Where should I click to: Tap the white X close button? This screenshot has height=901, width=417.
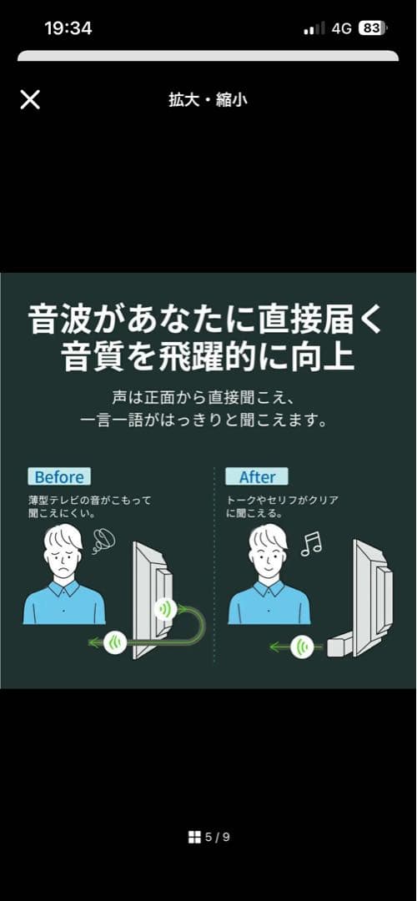tap(30, 100)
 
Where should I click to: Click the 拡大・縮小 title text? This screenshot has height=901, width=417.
tap(208, 100)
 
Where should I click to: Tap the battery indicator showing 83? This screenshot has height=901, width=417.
tap(372, 28)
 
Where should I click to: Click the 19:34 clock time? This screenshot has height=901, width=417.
tap(68, 28)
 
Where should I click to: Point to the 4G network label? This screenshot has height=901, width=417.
tap(341, 28)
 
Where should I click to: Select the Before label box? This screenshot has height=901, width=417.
tap(58, 477)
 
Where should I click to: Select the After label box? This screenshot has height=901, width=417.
tap(257, 477)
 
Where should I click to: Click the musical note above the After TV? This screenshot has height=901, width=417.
tap(311, 543)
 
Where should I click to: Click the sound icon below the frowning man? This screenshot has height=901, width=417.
tap(117, 642)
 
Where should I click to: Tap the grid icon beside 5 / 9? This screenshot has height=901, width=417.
tap(194, 837)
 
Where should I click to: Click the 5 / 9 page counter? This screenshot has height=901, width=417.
tap(218, 837)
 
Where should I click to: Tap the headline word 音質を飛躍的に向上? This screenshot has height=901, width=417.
tap(208, 357)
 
